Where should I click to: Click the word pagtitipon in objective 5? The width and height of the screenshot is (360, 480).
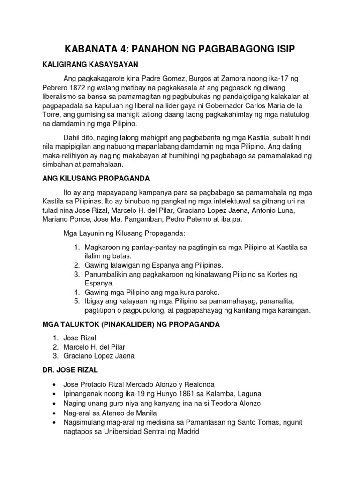[x=102, y=310]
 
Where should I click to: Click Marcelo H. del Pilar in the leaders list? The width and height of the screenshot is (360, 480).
[x=105, y=347]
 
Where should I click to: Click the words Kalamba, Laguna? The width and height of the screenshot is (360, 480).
[x=233, y=394]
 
